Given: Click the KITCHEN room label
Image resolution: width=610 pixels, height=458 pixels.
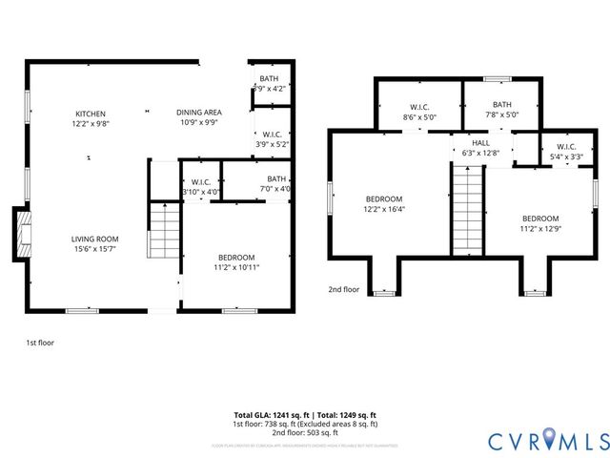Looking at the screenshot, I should point(91,114).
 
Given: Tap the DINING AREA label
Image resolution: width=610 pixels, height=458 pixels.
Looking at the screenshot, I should point(201,114).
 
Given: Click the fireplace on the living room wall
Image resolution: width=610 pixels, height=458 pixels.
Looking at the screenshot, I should point(19,235).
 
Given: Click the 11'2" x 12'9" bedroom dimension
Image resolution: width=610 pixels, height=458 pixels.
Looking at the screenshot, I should point(539,228).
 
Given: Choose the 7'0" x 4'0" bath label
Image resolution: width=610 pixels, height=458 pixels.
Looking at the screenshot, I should point(277,188).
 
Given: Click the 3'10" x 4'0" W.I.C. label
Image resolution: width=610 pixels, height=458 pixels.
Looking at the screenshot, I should point(201,192).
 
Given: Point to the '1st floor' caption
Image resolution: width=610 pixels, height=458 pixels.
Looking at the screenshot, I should point(39,341).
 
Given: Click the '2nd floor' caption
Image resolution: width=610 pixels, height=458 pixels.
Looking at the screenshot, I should point(344,290).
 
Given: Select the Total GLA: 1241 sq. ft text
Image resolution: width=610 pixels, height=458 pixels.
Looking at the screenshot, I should point(273,415).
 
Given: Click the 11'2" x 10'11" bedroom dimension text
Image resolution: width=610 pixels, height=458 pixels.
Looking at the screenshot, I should point(235,267).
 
